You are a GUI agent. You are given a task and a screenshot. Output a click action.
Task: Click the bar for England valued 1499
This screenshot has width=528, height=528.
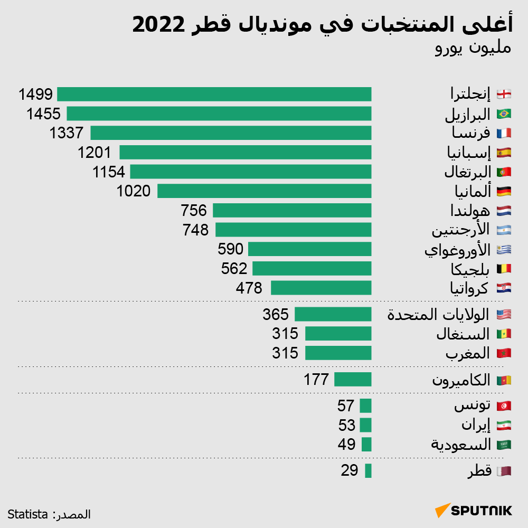pyautogui.click(x=214, y=94)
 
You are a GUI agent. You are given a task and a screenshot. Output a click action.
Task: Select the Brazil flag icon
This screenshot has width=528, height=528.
pyautogui.click(x=504, y=114)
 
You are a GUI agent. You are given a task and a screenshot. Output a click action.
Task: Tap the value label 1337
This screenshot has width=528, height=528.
pyautogui.click(x=67, y=133)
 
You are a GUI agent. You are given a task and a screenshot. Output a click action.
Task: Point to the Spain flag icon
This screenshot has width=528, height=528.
pyautogui.click(x=504, y=153)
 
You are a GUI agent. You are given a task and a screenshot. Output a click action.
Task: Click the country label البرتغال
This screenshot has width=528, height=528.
pyautogui.click(x=467, y=172)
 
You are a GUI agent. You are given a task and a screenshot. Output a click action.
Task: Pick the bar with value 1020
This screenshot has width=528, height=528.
pyautogui.click(x=264, y=191)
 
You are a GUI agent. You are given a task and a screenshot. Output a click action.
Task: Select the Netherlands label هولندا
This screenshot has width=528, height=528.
pyautogui.click(x=470, y=211)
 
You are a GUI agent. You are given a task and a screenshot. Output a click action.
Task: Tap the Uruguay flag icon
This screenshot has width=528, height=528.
pyautogui.click(x=504, y=249)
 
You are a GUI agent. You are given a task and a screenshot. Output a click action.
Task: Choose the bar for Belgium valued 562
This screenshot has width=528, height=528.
pyautogui.click(x=312, y=268)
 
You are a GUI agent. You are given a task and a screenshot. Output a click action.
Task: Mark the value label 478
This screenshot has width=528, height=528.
pyautogui.click(x=249, y=288)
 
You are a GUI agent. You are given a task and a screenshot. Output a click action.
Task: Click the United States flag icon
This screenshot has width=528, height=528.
pyautogui.click(x=504, y=315)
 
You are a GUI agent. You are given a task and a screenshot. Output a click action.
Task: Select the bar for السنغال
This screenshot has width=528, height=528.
pyautogui.click(x=338, y=334)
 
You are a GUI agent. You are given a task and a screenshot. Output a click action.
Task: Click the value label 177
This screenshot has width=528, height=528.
pyautogui.click(x=316, y=380)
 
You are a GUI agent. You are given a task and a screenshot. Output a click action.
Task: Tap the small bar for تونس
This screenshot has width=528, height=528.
pyautogui.click(x=365, y=406)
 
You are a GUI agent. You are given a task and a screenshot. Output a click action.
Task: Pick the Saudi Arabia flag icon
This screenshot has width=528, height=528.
pyautogui.click(x=504, y=445)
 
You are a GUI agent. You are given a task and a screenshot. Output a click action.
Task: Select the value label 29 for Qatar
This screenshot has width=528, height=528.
pyautogui.click(x=350, y=470)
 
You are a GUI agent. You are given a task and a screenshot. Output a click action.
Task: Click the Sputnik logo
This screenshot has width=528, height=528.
pyautogui.click(x=474, y=511)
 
